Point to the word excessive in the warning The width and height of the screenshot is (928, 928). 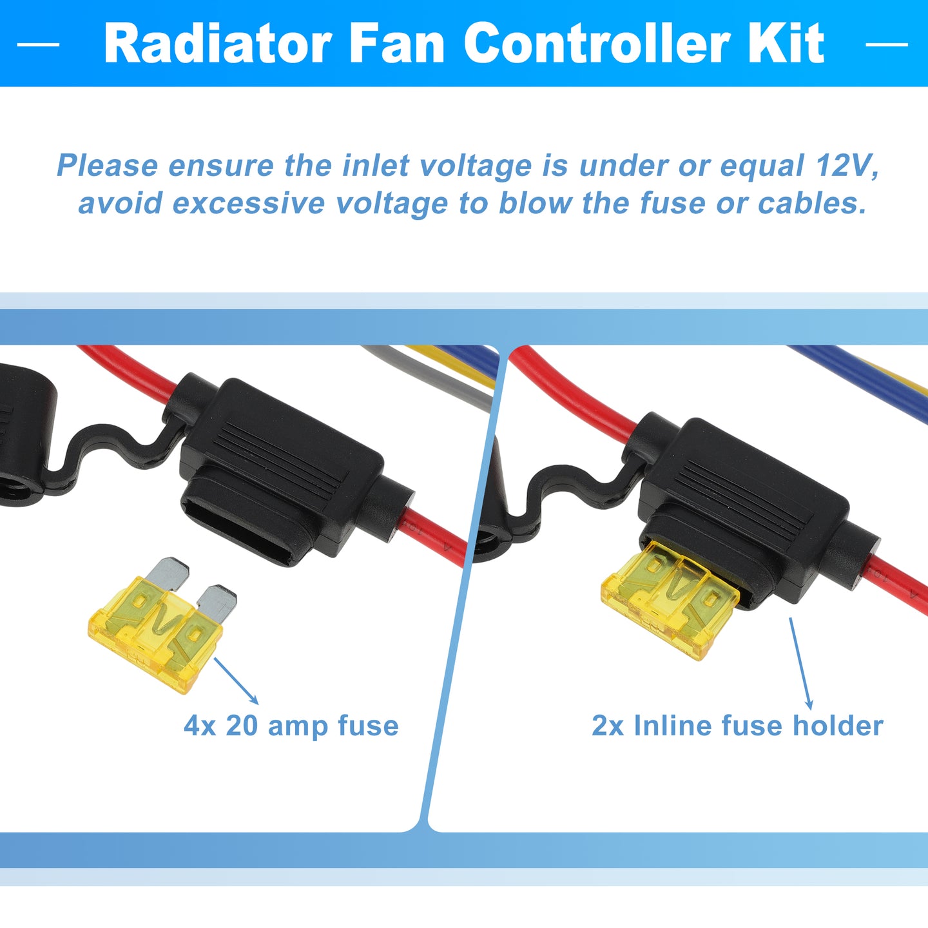point(249,203)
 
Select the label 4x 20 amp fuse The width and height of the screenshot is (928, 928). point(291,725)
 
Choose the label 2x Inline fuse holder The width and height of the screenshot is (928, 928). point(737,725)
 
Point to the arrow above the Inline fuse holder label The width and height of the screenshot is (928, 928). point(801,663)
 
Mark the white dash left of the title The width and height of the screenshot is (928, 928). point(38,44)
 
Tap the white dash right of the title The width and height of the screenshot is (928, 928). point(887,44)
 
